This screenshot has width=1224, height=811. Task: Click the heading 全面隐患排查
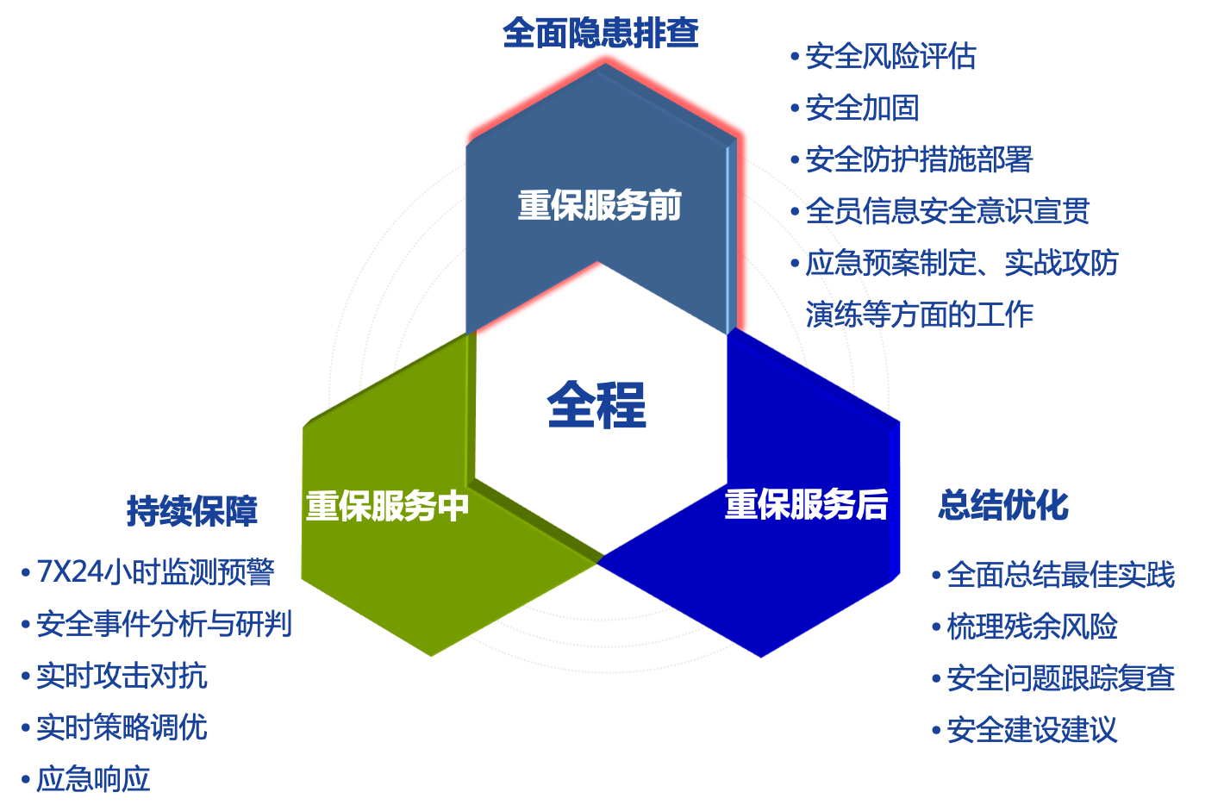click(x=600, y=33)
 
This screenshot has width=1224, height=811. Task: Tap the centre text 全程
click(x=596, y=405)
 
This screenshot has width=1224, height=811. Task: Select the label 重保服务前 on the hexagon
click(x=600, y=206)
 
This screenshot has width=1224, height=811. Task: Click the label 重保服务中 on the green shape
click(x=387, y=506)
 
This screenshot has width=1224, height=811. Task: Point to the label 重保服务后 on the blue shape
click(x=806, y=504)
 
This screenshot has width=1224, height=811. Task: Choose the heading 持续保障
click(x=192, y=511)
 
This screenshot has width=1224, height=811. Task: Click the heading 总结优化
click(x=1003, y=505)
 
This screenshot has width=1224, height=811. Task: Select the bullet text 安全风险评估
click(x=890, y=57)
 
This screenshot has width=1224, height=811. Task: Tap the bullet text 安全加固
click(x=862, y=109)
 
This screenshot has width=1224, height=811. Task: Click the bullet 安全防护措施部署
click(x=919, y=159)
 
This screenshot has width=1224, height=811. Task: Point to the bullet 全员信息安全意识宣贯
click(x=947, y=211)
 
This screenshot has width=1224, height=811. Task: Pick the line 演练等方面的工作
click(x=919, y=315)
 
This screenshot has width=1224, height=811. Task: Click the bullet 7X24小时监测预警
click(x=155, y=571)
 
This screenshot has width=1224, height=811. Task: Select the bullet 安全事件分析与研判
click(x=164, y=624)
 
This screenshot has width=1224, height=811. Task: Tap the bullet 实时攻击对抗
click(x=122, y=676)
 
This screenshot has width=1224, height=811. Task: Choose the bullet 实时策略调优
click(x=122, y=727)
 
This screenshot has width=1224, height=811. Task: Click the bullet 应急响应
click(x=93, y=779)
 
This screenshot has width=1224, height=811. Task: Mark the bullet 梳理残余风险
click(x=1032, y=627)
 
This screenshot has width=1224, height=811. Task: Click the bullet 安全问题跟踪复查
click(x=1060, y=678)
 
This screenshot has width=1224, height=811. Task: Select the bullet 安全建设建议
click(x=1032, y=730)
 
